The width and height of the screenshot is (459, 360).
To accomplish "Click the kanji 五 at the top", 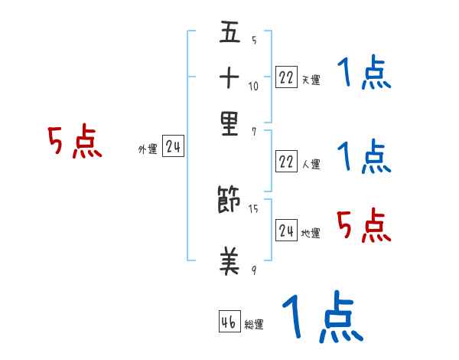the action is coord(229,34).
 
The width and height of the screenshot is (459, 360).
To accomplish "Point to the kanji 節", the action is coord(229,201).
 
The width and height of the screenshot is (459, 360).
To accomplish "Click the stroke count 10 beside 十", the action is coord(253,86).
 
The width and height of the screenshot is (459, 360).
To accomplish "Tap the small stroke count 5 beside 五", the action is coord(253,40).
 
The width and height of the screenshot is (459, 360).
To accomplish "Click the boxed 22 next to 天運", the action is coord(286,77).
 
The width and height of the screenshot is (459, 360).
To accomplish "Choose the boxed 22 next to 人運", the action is coord(286,162).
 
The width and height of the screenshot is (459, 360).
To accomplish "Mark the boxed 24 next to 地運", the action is coord(286,229).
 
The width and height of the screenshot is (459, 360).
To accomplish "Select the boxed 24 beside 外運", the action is coord(173,146).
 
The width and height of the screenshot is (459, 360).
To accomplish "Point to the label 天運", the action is coord(311,80).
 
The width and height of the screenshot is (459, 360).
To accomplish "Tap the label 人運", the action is coord(311,164).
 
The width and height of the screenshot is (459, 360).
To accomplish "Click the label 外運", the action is coord(148,149).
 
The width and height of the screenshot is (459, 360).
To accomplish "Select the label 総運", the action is coord(254,324).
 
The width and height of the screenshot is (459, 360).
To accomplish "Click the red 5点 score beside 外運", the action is coord(74,142).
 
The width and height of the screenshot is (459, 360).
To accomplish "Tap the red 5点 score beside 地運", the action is coord(363,226).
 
